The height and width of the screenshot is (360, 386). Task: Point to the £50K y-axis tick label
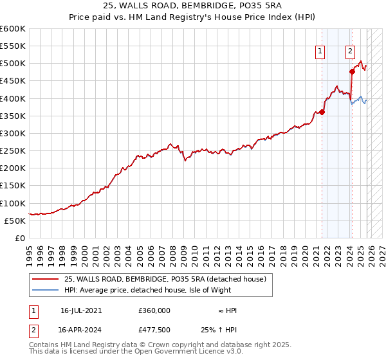click(14, 221)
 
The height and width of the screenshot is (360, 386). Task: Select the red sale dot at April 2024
click(353, 71)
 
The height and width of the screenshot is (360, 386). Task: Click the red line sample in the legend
click(46, 279)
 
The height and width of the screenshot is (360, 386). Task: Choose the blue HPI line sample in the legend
click(46, 290)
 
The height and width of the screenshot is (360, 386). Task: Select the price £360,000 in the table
click(154, 310)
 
